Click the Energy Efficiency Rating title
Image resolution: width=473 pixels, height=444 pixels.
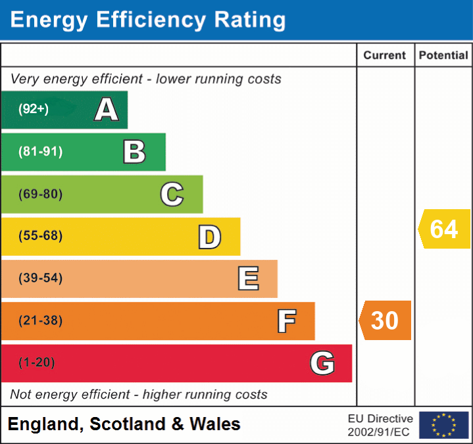pos(148,20)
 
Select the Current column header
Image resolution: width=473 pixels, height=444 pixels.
pos(385,56)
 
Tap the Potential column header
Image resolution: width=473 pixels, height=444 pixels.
pos(443,56)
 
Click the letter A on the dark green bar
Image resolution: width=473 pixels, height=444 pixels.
pos(107,110)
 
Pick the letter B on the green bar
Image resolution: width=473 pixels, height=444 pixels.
pos(134,152)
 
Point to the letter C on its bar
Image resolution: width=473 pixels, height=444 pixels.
pos(172,194)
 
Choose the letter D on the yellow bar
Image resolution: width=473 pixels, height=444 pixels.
pos(209,237)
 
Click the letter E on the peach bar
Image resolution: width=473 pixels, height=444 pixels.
pos(248,279)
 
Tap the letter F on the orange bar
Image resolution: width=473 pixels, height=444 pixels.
pos(286,321)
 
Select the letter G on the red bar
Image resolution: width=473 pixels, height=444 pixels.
pos(322,363)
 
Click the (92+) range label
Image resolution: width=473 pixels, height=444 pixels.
pos(34,110)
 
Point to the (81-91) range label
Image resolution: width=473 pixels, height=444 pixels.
pos(41,152)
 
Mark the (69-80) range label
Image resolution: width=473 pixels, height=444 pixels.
pos(41,194)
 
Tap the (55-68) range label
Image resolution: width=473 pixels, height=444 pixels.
pos(41,236)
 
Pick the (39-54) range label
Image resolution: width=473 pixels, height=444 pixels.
pos(41,278)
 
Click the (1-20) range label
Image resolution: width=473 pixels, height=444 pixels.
pos(37,362)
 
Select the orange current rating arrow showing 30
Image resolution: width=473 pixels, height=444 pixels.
pos(386,320)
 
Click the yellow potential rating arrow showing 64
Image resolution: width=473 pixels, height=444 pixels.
pos(444,229)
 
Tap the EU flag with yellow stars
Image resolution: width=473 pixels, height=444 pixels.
pos(443,425)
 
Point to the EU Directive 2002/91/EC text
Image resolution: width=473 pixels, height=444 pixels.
pos(380,425)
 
